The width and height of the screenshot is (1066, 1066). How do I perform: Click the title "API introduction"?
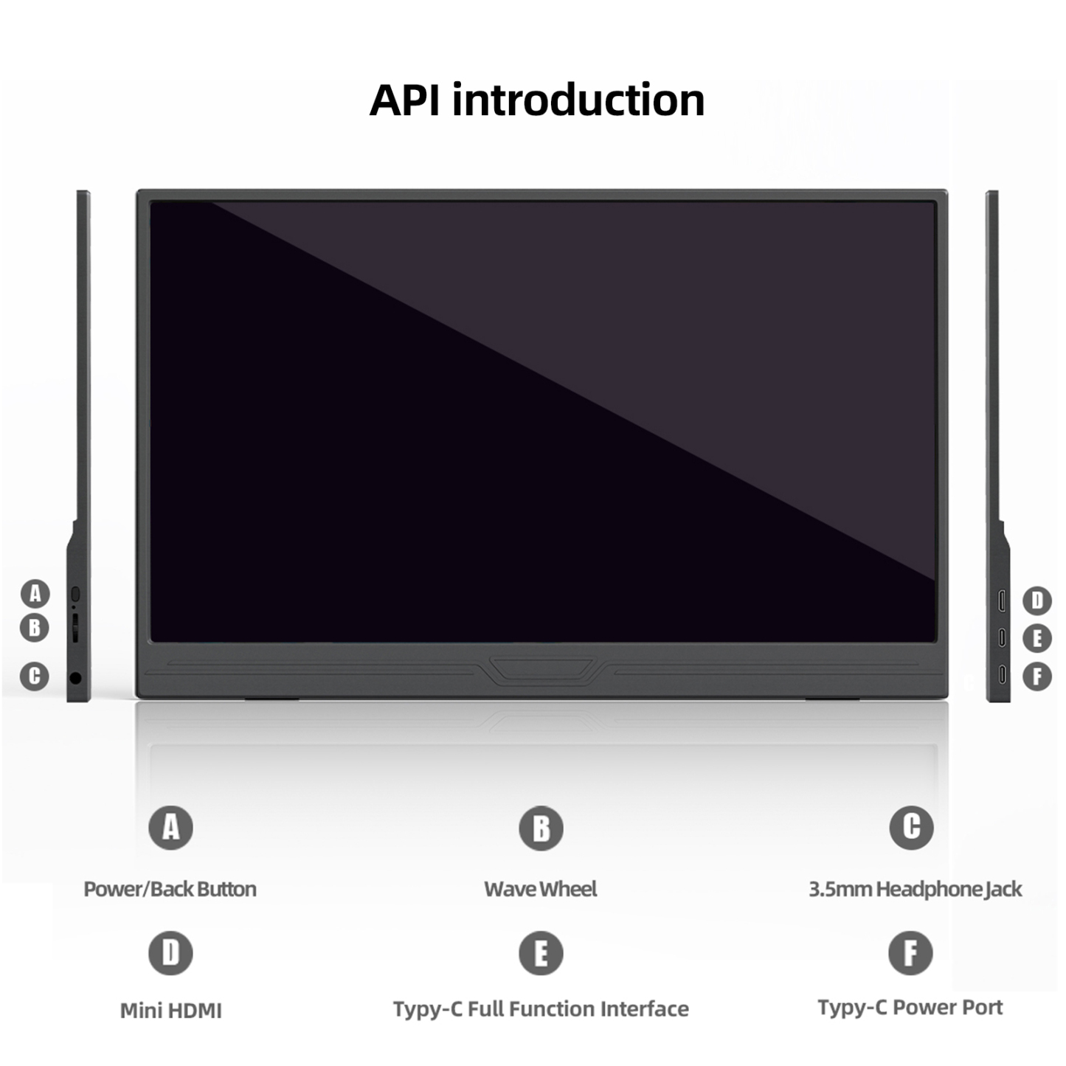click(x=536, y=100)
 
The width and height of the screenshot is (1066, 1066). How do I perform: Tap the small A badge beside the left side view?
click(x=35, y=594)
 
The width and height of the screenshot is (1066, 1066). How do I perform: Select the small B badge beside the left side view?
click(x=34, y=628)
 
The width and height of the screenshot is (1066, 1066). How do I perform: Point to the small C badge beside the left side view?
click(x=34, y=676)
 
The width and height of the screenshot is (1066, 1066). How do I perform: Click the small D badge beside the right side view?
click(x=1036, y=601)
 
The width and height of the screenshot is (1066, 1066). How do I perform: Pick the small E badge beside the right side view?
click(x=1036, y=638)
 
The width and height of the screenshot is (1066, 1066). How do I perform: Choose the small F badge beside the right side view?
click(x=1036, y=676)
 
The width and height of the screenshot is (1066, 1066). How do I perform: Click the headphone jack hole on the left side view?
click(x=76, y=678)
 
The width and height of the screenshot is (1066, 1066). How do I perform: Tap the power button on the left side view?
click(x=76, y=594)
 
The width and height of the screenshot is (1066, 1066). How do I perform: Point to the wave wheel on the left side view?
click(x=75, y=628)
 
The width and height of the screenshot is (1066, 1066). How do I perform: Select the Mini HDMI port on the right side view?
click(x=1001, y=601)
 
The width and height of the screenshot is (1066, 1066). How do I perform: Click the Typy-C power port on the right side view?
click(x=1002, y=674)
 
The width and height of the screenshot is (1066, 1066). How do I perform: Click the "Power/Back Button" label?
click(x=170, y=889)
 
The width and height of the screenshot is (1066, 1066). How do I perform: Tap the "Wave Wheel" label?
click(x=541, y=889)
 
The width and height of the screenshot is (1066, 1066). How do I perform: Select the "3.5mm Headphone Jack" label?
click(x=915, y=889)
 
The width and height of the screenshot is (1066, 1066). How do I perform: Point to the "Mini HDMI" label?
click(x=171, y=1011)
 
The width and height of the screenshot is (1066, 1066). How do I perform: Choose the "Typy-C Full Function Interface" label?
click(x=541, y=1009)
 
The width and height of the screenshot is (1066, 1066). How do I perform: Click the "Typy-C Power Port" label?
click(x=910, y=1008)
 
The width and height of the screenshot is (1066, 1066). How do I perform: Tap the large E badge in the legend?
click(x=541, y=953)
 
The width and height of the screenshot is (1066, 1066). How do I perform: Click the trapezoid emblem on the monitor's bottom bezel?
click(x=541, y=668)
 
